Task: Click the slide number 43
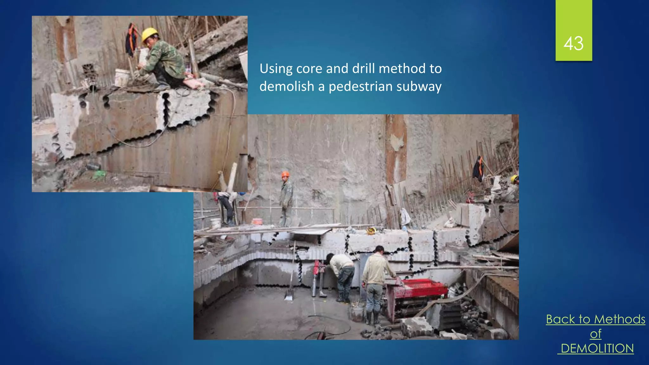(573, 43)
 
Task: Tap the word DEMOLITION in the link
(597, 349)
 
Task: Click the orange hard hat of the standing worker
(285, 174)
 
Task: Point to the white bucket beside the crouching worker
(122, 77)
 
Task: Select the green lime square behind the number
(574, 19)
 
